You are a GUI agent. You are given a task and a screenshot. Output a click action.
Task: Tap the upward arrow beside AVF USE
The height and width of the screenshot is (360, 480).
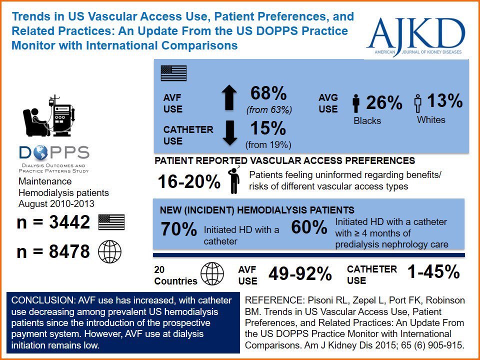(x=229, y=97)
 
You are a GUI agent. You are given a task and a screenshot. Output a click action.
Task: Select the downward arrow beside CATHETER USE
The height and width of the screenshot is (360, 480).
(x=229, y=132)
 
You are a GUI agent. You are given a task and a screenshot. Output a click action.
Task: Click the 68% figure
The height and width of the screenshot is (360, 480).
(x=268, y=93)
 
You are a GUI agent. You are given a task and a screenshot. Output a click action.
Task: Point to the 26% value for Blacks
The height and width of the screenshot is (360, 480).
(x=384, y=102)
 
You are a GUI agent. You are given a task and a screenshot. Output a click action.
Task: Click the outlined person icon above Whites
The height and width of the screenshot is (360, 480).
(x=417, y=103)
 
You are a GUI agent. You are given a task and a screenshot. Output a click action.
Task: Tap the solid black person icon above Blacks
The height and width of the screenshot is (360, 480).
(x=356, y=103)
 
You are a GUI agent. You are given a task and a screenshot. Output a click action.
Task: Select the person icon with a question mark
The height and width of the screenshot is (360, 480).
(x=233, y=180)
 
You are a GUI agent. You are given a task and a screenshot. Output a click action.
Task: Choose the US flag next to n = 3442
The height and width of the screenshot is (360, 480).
(x=111, y=222)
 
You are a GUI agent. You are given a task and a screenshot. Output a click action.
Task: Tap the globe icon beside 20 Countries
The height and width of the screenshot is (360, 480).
(x=212, y=274)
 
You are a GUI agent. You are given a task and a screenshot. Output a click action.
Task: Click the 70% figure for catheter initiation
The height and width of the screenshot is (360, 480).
(x=178, y=229)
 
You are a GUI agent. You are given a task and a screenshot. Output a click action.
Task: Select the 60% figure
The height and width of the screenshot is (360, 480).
(x=309, y=227)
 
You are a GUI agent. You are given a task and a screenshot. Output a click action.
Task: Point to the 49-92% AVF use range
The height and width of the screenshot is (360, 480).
(x=300, y=274)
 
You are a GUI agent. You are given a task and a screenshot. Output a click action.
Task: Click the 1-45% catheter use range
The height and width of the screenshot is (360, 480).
(x=433, y=271)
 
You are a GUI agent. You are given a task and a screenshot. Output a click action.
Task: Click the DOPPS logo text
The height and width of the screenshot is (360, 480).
(x=54, y=152)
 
